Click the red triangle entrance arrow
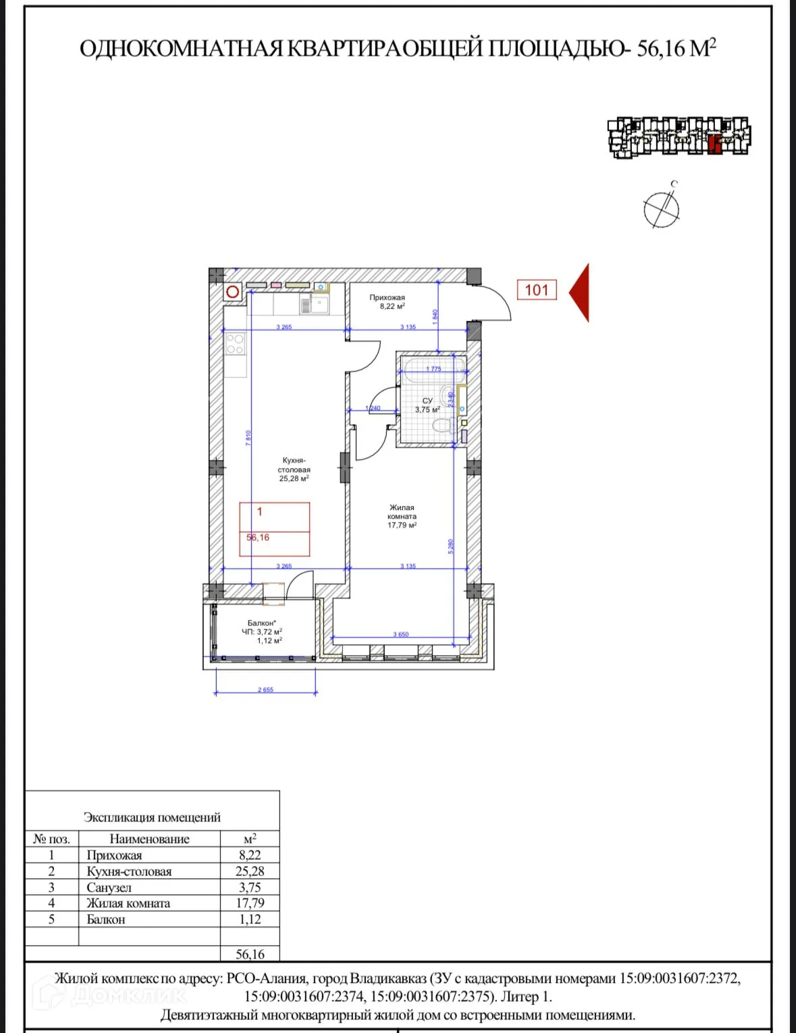click(581, 293)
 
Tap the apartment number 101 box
click(537, 290)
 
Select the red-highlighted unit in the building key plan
click(715, 143)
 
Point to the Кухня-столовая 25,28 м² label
click(294, 470)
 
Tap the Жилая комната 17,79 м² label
click(402, 516)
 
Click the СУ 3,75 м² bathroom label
click(427, 405)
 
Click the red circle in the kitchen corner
click(233, 292)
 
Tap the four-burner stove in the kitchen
click(235, 344)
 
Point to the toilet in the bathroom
click(442, 426)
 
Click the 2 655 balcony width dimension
click(265, 690)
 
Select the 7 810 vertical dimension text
click(248, 438)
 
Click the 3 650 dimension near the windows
click(401, 634)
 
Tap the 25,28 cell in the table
click(250, 872)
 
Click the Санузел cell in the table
click(109, 888)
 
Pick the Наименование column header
click(149, 839)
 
